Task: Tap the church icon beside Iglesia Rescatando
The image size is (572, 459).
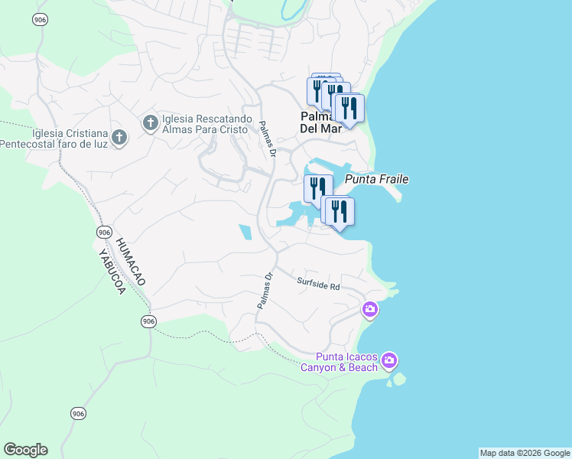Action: pos(151,122)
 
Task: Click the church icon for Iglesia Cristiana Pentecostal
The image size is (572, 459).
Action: pos(119,138)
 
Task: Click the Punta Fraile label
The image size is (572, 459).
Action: pos(377,179)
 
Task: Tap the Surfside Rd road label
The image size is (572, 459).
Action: pos(318,285)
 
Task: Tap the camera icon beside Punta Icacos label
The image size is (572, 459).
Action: pos(389,360)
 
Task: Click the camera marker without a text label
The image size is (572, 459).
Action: pos(369,309)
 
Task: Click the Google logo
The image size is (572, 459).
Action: pos(25,450)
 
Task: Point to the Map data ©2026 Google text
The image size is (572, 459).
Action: pos(525,453)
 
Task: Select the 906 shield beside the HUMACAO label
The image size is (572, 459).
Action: pos(105,232)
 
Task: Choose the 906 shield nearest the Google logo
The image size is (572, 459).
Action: pos(78,414)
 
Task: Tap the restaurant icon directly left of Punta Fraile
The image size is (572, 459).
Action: pos(316,187)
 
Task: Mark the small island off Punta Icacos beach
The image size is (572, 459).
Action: pos(398,378)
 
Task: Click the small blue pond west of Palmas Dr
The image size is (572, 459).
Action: pos(245,233)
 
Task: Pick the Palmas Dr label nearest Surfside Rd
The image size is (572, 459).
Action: pos(265,291)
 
